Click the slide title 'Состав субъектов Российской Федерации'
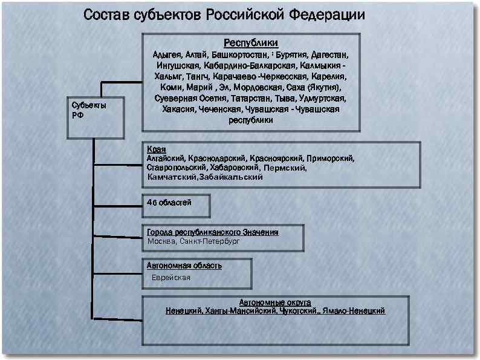[x=224, y=15]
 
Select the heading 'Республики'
[x=251, y=43]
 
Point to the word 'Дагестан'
[x=329, y=54]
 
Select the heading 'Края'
[x=156, y=149]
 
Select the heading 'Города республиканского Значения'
[x=212, y=232]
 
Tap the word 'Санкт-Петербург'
[x=210, y=241]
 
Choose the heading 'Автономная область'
[x=184, y=266]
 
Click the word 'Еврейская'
[x=171, y=278]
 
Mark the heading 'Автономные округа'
[x=275, y=301]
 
